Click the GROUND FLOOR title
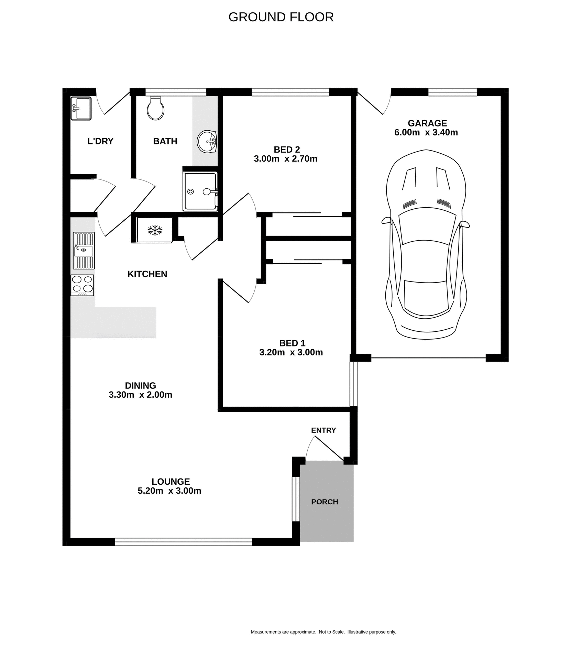tap(281, 17)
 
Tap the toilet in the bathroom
tap(155, 108)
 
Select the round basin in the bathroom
tap(207, 141)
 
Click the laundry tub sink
tap(81, 108)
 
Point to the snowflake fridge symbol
tap(155, 230)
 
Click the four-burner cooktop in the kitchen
tap(83, 285)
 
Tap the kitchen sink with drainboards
tap(84, 251)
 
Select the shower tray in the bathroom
tap(200, 191)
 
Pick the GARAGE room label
tap(427, 123)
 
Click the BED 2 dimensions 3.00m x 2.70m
tap(285, 159)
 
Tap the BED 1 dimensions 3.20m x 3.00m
tap(291, 352)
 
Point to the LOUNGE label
tap(171, 482)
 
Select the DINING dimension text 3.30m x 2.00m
tap(140, 395)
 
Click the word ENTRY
tap(323, 430)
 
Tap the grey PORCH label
tap(325, 502)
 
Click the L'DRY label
tap(100, 141)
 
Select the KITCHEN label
tap(147, 274)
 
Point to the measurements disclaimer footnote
tap(323, 632)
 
